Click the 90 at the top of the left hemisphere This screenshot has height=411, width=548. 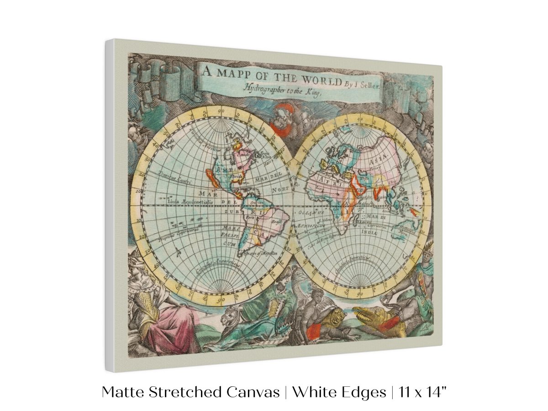click(x=221, y=111)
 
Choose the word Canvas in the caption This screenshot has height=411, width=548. click(x=255, y=392)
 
